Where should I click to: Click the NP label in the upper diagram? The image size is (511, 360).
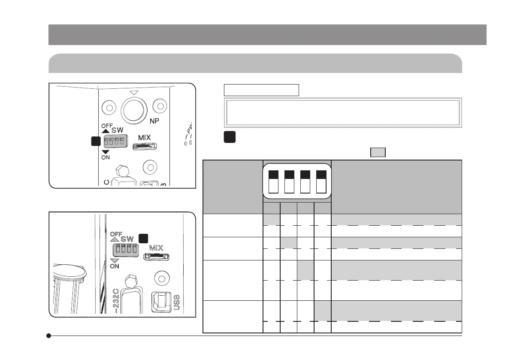154,121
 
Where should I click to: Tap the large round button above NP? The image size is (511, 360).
135,110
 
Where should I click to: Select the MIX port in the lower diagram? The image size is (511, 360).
157,257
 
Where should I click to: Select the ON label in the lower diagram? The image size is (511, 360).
114,266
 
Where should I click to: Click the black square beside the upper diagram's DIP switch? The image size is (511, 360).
96,141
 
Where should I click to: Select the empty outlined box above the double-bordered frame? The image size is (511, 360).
261,90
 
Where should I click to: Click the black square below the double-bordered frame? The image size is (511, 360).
229,137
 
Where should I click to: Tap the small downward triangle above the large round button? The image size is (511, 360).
134,92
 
